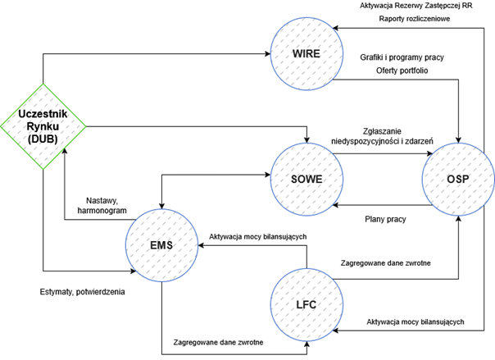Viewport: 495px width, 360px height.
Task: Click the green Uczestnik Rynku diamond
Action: (x=43, y=125)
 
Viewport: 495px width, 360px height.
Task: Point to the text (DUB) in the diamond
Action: (x=43, y=140)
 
